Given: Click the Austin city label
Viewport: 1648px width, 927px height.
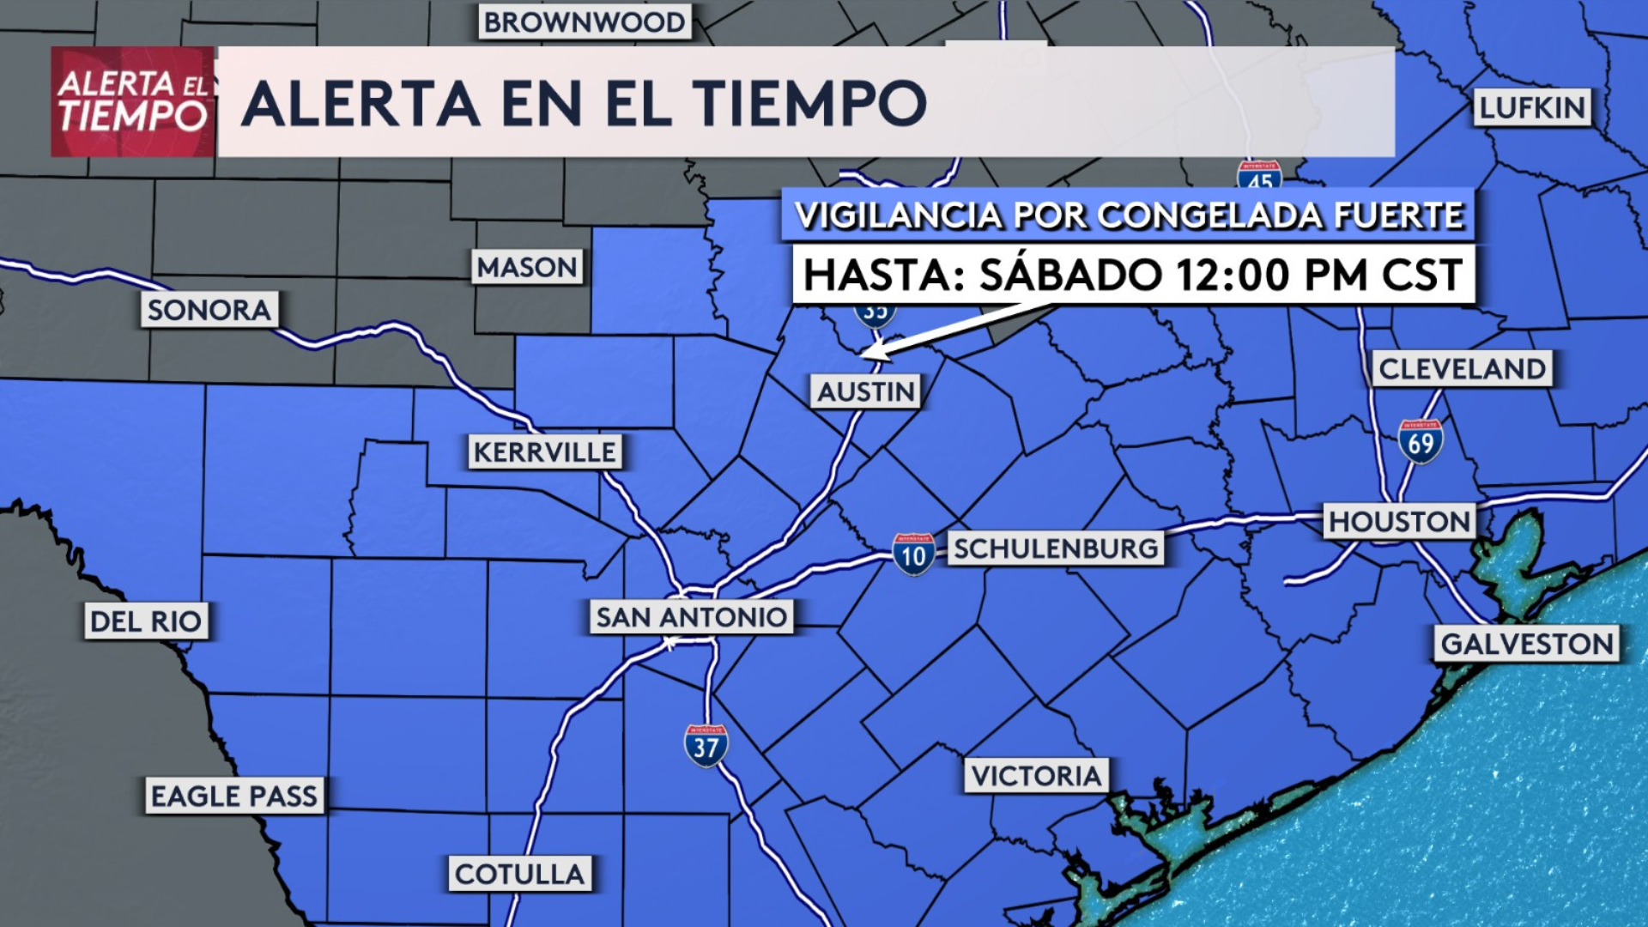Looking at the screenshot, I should click(x=866, y=391).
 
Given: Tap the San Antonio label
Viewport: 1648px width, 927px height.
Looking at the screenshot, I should click(x=691, y=616).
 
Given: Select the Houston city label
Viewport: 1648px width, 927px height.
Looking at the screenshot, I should click(x=1399, y=521).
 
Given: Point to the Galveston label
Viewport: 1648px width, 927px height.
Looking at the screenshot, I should click(x=1527, y=644).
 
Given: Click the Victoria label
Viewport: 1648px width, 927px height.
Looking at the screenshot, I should click(x=1036, y=776).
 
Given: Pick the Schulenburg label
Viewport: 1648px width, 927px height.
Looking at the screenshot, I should click(x=1056, y=548).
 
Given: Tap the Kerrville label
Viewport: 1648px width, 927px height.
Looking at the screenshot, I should click(x=545, y=451).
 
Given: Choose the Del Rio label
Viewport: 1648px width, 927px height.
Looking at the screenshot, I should click(x=146, y=621).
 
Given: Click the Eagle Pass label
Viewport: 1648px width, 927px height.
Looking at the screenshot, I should click(x=234, y=796).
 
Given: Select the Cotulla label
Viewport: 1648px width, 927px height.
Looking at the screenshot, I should click(x=519, y=874).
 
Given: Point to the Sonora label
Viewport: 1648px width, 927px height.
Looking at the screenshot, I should click(x=209, y=310).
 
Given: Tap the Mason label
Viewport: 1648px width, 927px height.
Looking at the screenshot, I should click(x=527, y=267).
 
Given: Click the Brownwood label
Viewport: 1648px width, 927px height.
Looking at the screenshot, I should click(x=585, y=22).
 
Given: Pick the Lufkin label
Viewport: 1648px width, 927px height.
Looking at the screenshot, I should click(x=1532, y=107).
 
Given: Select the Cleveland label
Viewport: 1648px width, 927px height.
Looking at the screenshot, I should click(x=1462, y=369).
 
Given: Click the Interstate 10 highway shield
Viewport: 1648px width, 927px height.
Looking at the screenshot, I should click(x=913, y=555).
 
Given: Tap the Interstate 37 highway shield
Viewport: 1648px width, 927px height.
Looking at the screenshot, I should click(x=706, y=746).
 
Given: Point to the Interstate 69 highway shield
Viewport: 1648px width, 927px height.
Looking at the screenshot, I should click(x=1421, y=441).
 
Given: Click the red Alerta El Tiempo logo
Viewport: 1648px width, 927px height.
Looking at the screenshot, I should click(x=133, y=102).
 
